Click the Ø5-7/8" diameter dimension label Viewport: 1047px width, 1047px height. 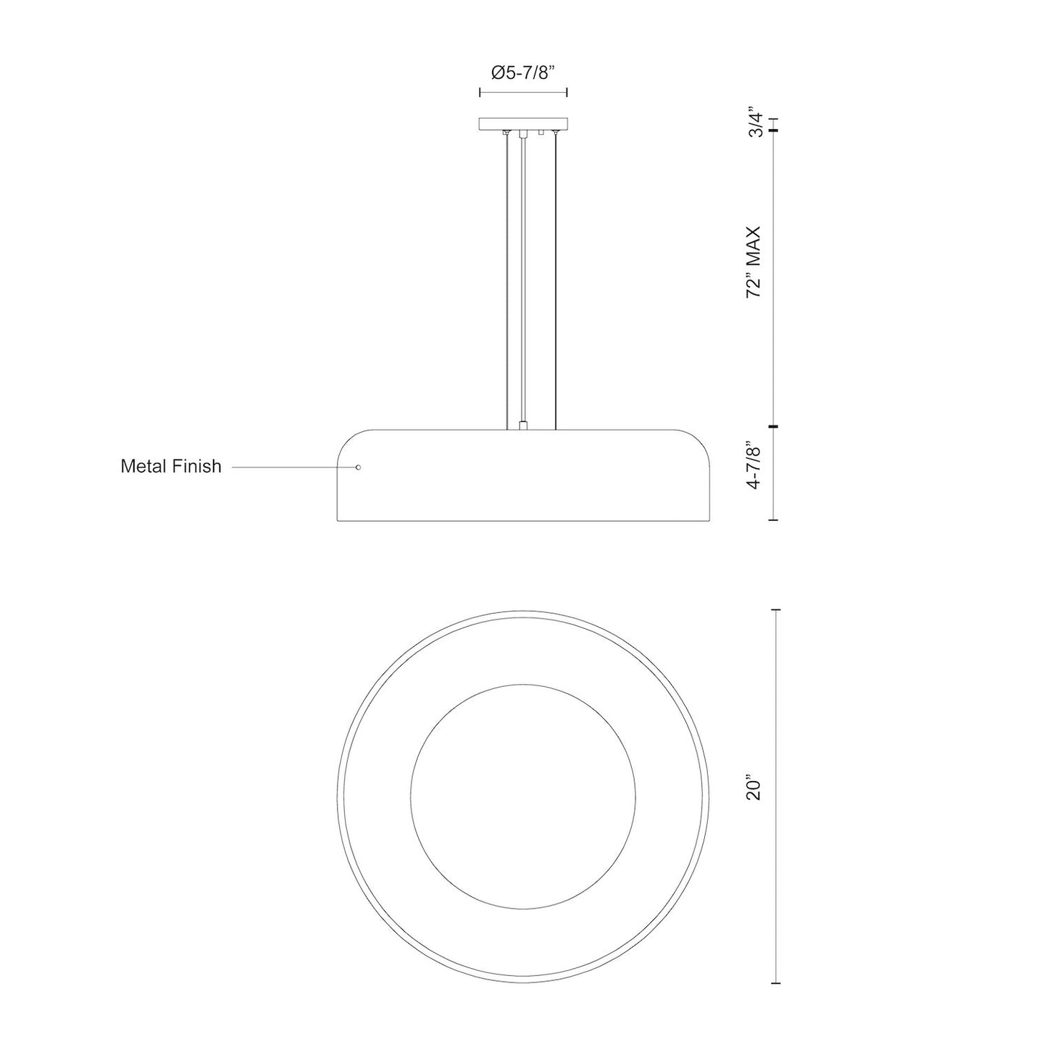pos(522,72)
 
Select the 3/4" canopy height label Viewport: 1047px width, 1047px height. pos(756,125)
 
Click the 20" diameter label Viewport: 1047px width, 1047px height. pos(755,798)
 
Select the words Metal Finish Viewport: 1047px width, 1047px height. pos(171,466)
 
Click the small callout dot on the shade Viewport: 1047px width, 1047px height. pos(358,467)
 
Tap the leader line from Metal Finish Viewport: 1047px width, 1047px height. pos(294,467)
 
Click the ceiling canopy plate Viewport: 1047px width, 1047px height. pos(523,125)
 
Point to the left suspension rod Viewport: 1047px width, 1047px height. pos(507,280)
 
